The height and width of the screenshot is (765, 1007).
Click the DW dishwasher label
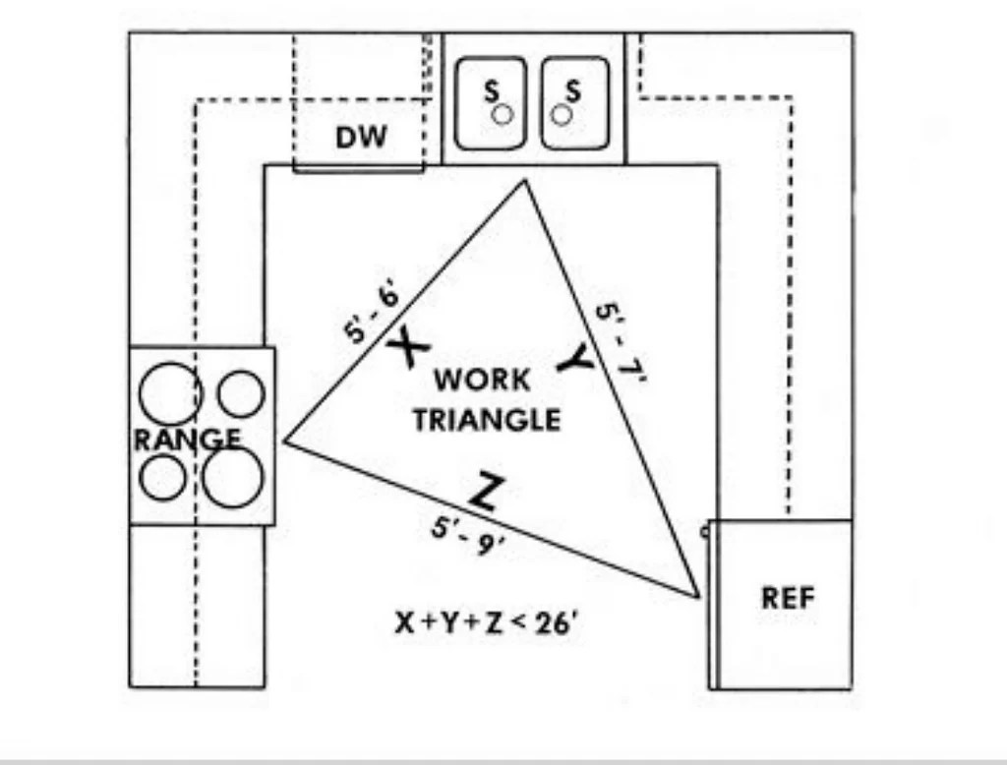point(362,137)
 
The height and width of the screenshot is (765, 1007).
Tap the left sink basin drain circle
point(503,114)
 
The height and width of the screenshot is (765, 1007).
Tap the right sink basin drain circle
point(561,114)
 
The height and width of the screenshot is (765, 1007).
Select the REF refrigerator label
point(788,597)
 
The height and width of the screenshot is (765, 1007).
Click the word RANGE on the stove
point(186,440)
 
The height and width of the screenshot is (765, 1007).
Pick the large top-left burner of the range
point(170,393)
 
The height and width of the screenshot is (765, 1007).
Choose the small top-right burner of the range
point(241,393)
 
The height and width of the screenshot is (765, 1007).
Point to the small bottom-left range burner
point(163,478)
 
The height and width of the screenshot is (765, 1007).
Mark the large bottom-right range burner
point(234,478)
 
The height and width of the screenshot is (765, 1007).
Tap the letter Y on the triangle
point(576,361)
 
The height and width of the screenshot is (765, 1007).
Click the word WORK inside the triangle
point(482,379)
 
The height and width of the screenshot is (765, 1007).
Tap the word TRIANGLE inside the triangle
point(487,420)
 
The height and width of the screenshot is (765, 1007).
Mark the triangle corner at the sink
point(524,181)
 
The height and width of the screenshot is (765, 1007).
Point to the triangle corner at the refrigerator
point(698,595)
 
